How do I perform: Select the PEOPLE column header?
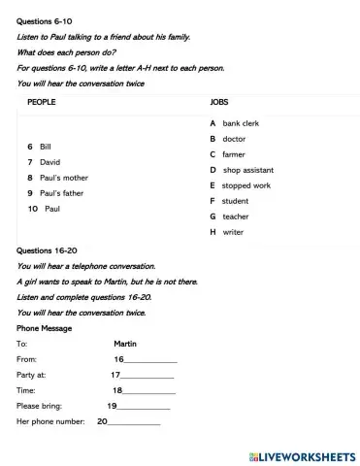[x=40, y=101]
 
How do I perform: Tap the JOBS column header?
[x=219, y=101]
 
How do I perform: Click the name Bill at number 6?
[x=46, y=146]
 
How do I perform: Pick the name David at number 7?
[x=49, y=161]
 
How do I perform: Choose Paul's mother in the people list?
[x=63, y=178]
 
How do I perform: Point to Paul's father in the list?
[x=61, y=193]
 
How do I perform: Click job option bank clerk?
[x=241, y=124]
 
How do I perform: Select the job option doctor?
[x=234, y=140]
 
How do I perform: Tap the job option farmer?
[x=234, y=154]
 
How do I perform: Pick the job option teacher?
[x=236, y=216]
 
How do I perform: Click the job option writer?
[x=233, y=232]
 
